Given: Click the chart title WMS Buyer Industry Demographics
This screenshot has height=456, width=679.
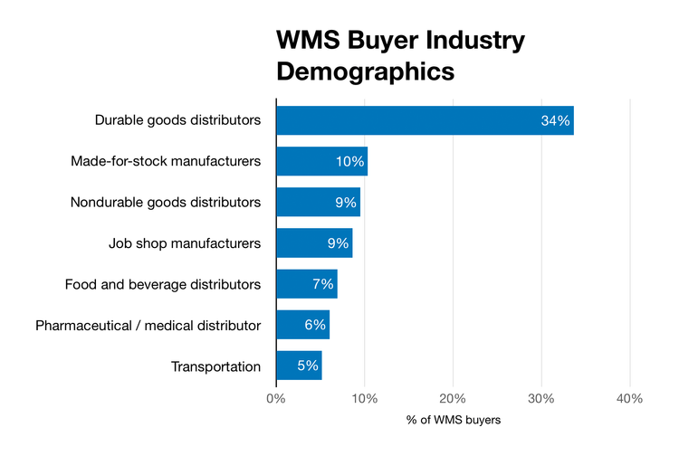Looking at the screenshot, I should click(400, 55).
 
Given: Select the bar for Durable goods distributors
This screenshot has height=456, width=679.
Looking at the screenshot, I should click(425, 120).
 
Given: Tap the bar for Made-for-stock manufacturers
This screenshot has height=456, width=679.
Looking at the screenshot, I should click(321, 162).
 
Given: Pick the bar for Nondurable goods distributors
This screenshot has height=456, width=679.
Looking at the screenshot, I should click(318, 203).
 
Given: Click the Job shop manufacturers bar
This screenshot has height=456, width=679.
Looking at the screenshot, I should click(314, 243).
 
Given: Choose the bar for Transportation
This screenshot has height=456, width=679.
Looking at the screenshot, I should click(299, 366).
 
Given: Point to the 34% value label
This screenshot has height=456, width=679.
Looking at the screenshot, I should click(555, 121).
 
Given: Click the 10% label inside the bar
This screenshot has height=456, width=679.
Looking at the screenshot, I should click(349, 162).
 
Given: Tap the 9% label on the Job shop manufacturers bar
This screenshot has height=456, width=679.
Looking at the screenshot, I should click(337, 243).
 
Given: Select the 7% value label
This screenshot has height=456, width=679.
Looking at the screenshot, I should click(323, 284).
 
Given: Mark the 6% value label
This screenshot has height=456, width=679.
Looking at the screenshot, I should click(315, 325).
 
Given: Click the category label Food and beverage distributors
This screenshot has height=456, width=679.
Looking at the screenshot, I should click(163, 284).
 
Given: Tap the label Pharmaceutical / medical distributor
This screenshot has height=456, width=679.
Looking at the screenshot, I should click(148, 325).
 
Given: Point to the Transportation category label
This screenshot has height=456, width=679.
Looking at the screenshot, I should click(215, 366).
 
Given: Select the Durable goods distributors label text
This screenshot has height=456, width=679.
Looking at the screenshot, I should click(177, 120).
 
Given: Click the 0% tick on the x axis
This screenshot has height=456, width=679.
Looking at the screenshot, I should click(276, 398).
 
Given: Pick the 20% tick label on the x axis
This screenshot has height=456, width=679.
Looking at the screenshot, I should click(453, 398).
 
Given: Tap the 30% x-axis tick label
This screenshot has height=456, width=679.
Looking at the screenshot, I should click(541, 398).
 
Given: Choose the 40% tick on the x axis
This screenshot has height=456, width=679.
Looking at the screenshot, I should click(629, 398).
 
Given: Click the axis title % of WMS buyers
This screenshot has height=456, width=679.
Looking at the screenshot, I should click(453, 421).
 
